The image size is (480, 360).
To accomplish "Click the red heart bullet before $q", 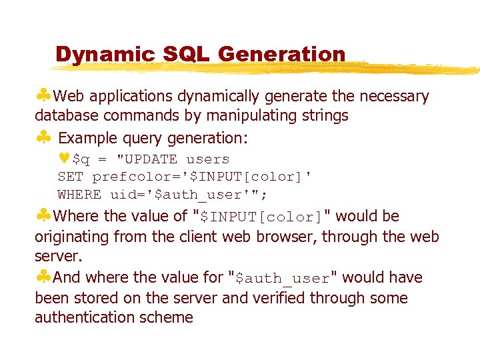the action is pyautogui.click(x=64, y=159).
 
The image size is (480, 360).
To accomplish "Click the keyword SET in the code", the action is pyautogui.click(x=71, y=177).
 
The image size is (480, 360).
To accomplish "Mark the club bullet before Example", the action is pyautogui.click(x=43, y=138).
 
